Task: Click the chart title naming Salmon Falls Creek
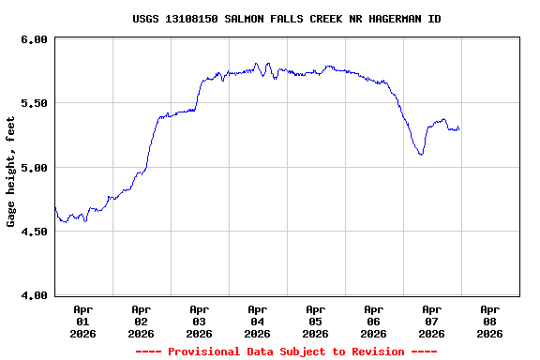click(286, 19)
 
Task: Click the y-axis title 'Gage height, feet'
click(11, 172)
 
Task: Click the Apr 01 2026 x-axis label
click(82, 321)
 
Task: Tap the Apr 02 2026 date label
click(141, 321)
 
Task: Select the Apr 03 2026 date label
click(199, 321)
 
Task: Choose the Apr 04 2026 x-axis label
click(257, 321)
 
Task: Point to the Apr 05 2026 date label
click(315, 321)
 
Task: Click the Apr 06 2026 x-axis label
click(373, 321)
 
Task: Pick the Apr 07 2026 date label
click(431, 321)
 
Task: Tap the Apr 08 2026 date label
click(489, 321)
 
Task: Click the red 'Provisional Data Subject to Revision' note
click(286, 352)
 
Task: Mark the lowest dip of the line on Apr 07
click(422, 154)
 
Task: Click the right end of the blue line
click(458, 127)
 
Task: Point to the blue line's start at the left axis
click(55, 208)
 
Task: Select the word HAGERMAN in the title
click(397, 19)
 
